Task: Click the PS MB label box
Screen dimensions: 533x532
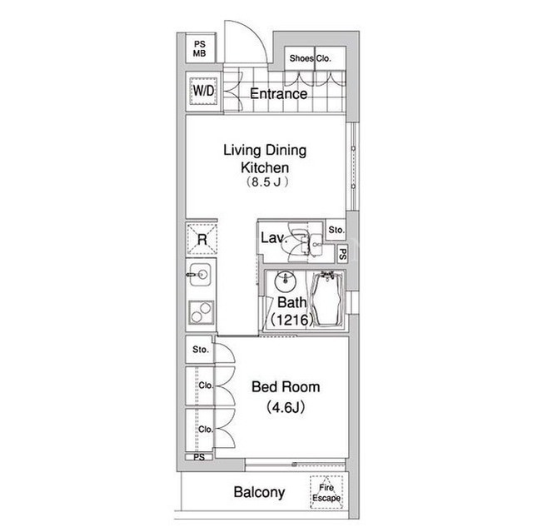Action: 200,48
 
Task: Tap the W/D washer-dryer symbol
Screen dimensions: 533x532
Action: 203,91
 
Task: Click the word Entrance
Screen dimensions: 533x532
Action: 278,94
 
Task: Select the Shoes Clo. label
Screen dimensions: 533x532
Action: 310,58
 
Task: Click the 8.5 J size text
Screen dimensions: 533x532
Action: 266,182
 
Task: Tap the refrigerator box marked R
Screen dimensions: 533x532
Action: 202,239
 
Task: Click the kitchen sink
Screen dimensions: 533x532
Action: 200,274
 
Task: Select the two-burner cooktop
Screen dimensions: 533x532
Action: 202,312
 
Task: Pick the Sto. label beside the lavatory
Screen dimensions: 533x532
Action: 336,230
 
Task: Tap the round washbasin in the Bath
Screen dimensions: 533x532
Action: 286,281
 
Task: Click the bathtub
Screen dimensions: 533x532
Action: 327,299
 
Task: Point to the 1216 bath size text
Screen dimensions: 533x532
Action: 291,320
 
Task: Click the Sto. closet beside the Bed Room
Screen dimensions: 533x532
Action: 200,350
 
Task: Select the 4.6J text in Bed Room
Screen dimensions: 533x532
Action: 286,407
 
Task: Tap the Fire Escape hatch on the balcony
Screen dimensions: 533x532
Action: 326,492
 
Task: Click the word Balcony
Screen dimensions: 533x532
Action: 259,492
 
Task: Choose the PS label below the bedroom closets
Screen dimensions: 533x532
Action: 199,457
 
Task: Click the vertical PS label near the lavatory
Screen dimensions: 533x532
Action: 342,254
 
